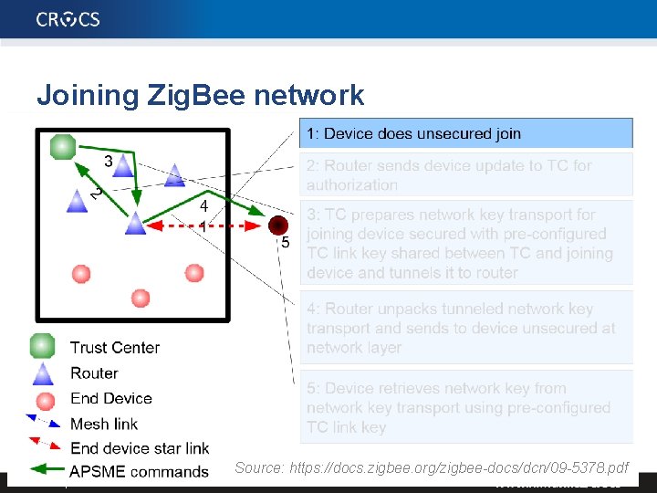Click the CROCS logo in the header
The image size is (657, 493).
pos(68,18)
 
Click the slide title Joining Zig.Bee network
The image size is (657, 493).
pos(200,95)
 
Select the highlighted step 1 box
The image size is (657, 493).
pos(466,133)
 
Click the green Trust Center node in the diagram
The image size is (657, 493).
pos(63,146)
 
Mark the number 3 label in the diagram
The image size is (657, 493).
pos(109,162)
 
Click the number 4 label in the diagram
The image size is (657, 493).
pos(204,207)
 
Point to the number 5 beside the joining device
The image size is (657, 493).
pos(286,243)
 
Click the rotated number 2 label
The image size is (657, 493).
pos(95,194)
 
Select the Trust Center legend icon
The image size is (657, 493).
pos(42,347)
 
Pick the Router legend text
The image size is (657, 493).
pos(94,372)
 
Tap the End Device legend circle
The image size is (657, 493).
pos(43,399)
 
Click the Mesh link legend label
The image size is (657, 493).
pos(104,424)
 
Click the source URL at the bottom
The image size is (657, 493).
pos(432,467)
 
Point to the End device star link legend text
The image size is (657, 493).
pos(140,447)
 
